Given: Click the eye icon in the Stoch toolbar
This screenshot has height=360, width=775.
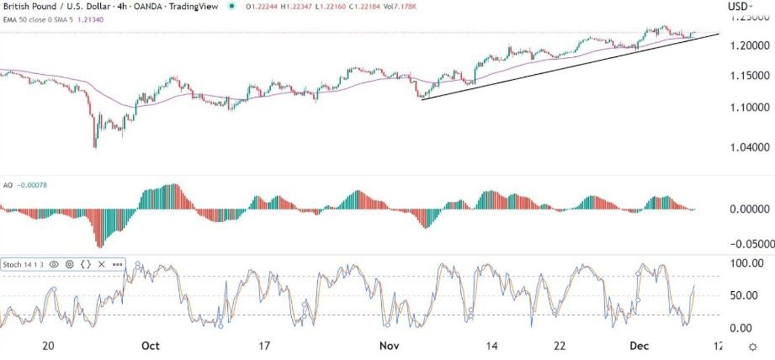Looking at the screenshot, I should pyautogui.click(x=54, y=264).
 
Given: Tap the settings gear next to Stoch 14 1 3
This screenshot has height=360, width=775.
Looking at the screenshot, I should pyautogui.click(x=70, y=264).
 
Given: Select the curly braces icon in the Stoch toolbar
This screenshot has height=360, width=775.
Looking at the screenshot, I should pyautogui.click(x=86, y=264).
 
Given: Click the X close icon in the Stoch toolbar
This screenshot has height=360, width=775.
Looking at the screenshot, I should pyautogui.click(x=101, y=264).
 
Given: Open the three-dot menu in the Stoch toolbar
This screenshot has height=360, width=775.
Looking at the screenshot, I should pyautogui.click(x=116, y=264).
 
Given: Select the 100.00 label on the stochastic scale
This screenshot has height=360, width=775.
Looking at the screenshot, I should pyautogui.click(x=746, y=264).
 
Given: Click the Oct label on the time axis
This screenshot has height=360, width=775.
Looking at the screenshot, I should pyautogui.click(x=151, y=346).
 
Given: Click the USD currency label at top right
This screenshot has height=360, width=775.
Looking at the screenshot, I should pyautogui.click(x=737, y=8).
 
